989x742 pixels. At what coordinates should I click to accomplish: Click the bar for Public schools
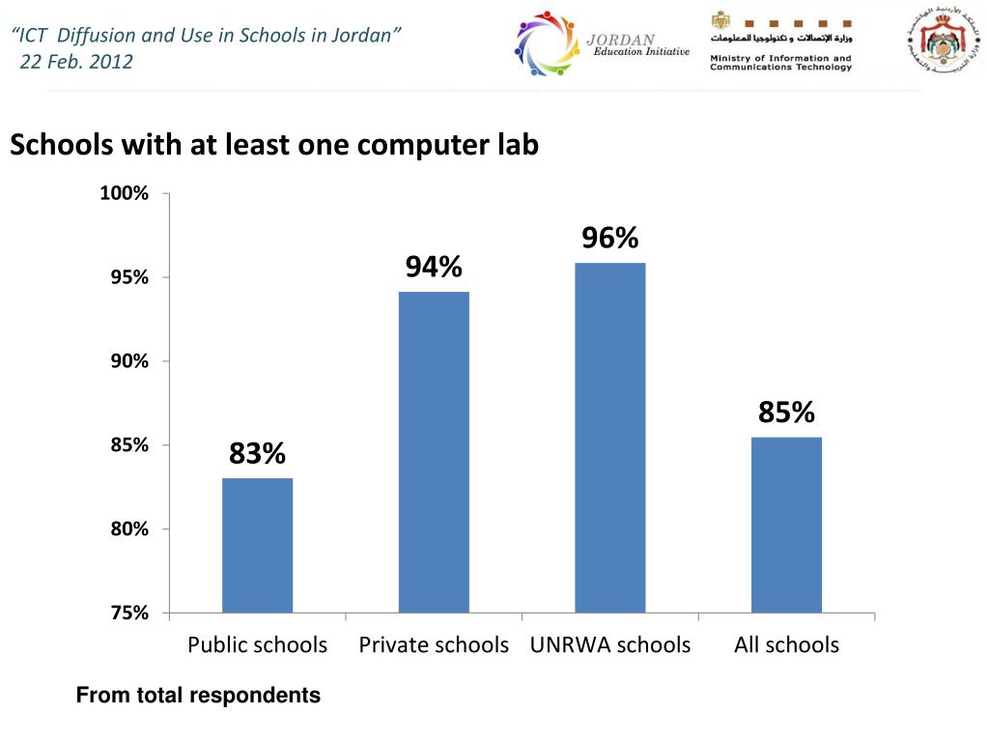pyautogui.click(x=257, y=545)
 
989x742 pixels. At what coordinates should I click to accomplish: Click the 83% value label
pyautogui.click(x=257, y=452)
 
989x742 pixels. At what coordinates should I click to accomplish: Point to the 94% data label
pyautogui.click(x=434, y=266)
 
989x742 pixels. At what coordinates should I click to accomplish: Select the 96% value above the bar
pyautogui.click(x=610, y=238)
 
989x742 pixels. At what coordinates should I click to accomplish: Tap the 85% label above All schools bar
pyautogui.click(x=786, y=413)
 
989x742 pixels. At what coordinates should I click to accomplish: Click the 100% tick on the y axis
pyautogui.click(x=125, y=194)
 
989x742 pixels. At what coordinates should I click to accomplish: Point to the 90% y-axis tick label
pyautogui.click(x=129, y=361)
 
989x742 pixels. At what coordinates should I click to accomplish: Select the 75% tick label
pyautogui.click(x=129, y=613)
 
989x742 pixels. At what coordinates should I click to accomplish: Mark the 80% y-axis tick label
pyautogui.click(x=129, y=529)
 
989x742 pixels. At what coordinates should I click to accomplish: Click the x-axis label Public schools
pyautogui.click(x=257, y=644)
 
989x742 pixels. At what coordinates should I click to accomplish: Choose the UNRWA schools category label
pyautogui.click(x=610, y=644)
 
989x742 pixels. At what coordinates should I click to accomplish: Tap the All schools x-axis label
pyautogui.click(x=786, y=644)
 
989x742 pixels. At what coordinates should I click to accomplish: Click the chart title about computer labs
pyautogui.click(x=274, y=145)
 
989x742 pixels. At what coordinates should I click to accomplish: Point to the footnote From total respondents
pyautogui.click(x=198, y=695)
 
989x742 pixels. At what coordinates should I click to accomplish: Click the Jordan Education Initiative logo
pyautogui.click(x=601, y=45)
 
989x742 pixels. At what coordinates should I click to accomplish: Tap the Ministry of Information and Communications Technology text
pyautogui.click(x=780, y=63)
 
